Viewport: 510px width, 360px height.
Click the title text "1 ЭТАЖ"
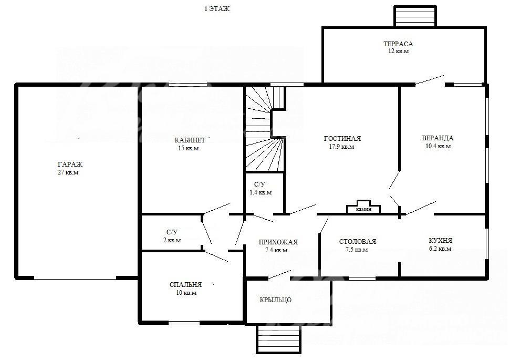(216, 9)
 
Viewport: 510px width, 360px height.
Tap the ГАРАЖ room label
(70, 164)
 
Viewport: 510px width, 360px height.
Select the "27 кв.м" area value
(68, 172)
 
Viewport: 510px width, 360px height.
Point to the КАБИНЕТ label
(190, 140)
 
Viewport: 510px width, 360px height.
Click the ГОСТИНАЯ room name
(342, 138)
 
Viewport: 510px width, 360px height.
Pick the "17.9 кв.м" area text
(341, 147)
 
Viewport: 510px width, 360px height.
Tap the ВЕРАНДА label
(438, 138)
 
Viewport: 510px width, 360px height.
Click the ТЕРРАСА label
(398, 44)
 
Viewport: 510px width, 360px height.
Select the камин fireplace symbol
(363, 207)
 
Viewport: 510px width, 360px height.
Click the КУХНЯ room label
(440, 241)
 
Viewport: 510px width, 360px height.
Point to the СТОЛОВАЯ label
(358, 242)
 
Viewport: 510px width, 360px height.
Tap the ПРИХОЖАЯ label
(278, 242)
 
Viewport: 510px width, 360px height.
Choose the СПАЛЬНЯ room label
(185, 284)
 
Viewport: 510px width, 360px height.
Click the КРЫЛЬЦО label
(276, 300)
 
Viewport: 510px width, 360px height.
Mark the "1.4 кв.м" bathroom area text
(261, 192)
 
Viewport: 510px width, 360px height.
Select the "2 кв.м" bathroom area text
(172, 240)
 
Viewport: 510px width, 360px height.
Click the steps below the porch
(279, 339)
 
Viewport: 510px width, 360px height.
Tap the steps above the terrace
(415, 16)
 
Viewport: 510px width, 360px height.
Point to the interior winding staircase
(265, 128)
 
